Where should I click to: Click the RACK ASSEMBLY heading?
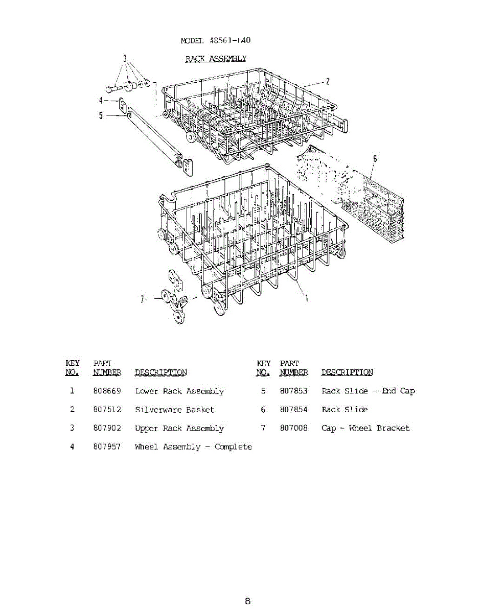point(215,59)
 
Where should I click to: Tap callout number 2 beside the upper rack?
point(328,81)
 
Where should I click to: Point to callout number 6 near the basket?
point(375,159)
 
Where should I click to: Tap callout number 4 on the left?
point(101,101)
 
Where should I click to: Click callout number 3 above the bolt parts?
point(124,57)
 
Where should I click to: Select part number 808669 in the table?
point(107,391)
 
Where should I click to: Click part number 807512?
point(107,410)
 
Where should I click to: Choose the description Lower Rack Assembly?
point(179,391)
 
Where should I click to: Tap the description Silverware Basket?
point(175,410)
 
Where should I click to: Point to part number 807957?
point(107,447)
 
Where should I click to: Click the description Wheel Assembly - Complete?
point(193,447)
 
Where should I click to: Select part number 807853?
point(293,391)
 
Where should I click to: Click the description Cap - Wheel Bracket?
point(365,428)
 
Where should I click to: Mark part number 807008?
point(293,428)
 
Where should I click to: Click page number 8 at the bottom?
point(247,601)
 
